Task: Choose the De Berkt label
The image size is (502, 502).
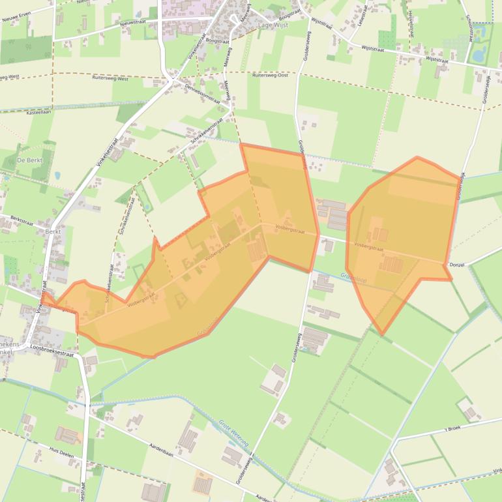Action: (29, 160)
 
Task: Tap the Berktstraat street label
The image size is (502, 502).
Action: (21, 220)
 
